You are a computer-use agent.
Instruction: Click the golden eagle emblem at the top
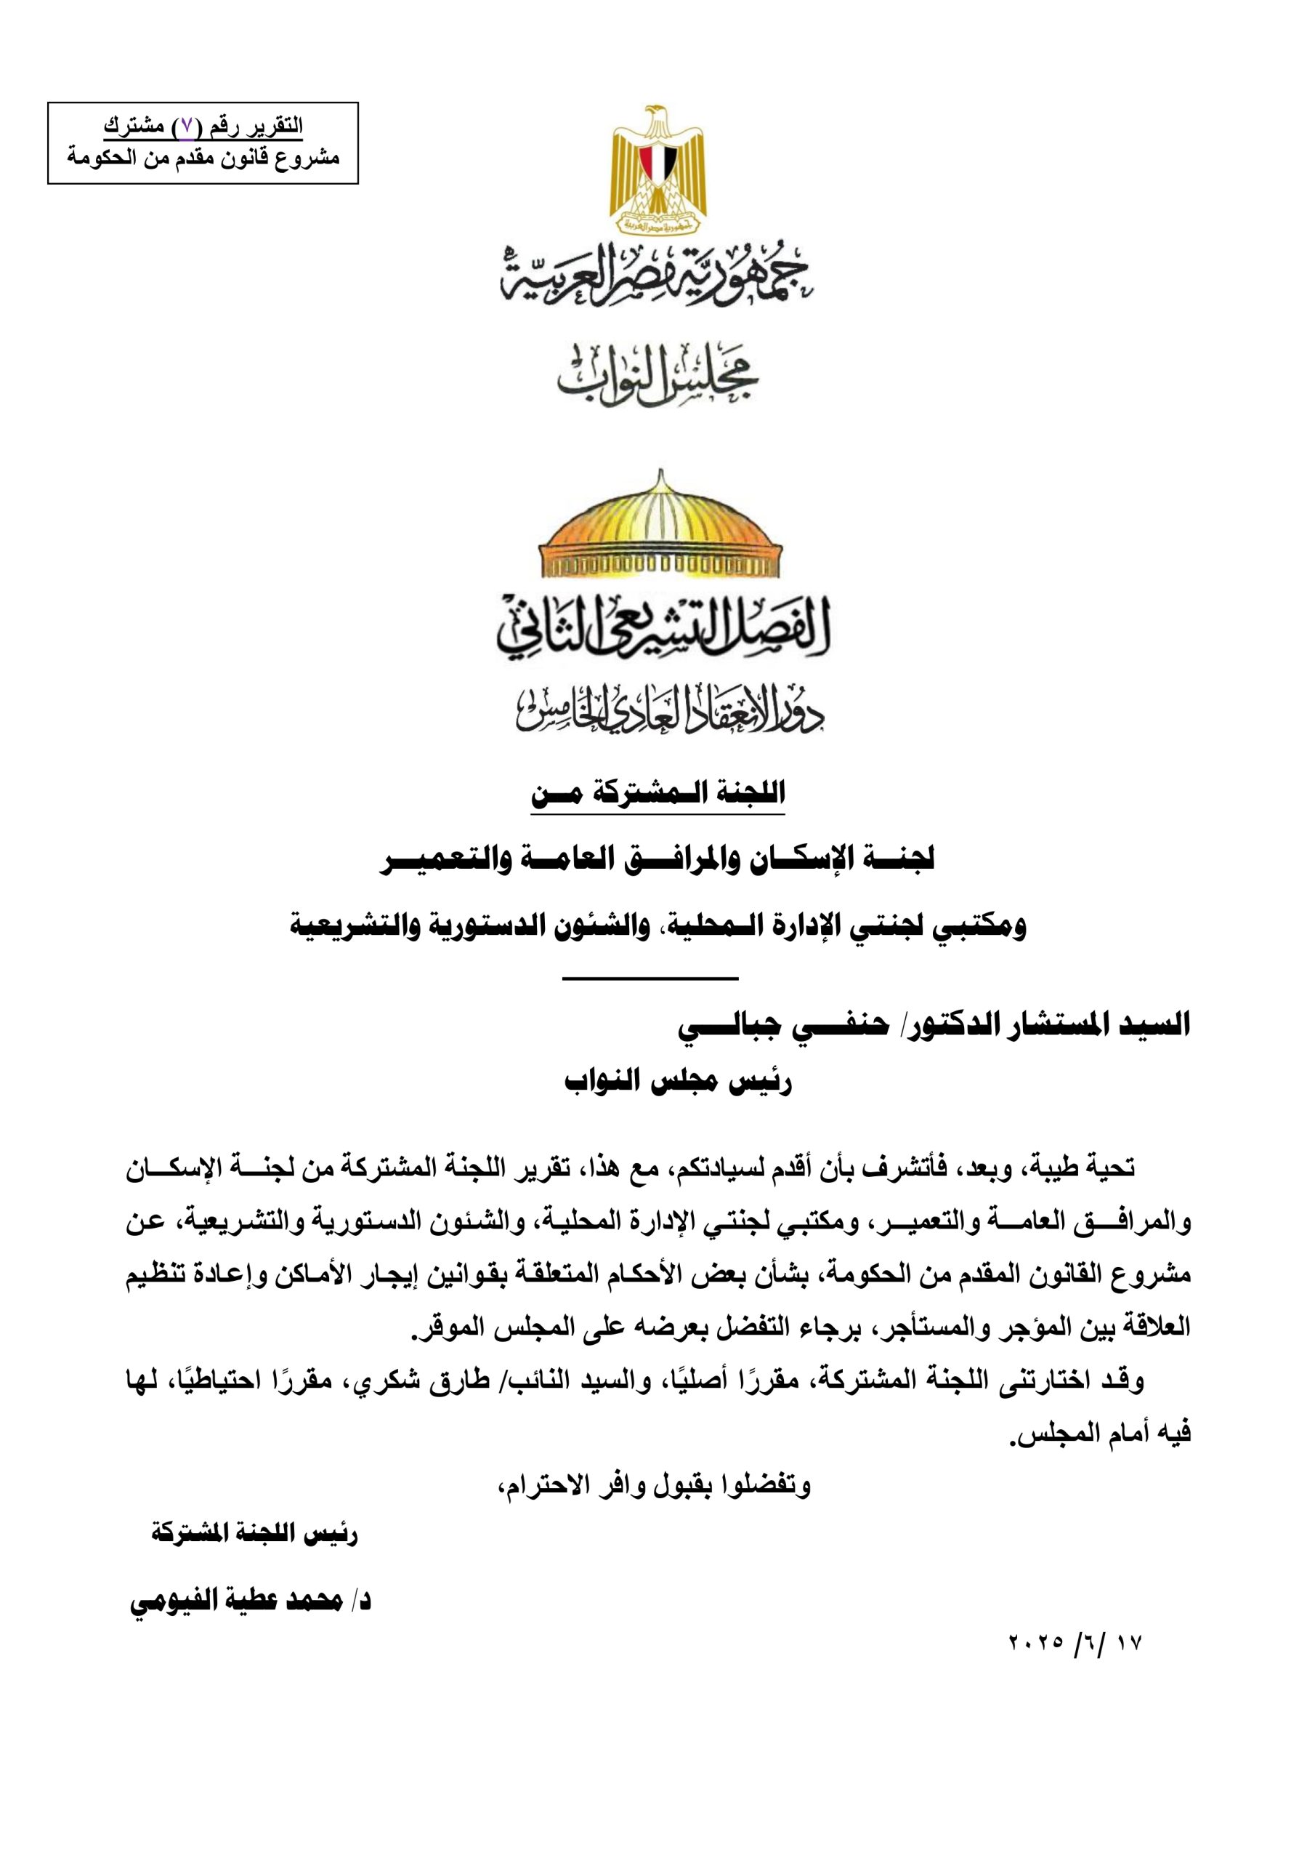click(658, 169)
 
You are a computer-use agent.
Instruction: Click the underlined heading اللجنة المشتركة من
click(658, 794)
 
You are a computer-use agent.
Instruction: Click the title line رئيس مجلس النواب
click(677, 1082)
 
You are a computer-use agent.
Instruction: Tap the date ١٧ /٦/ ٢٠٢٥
click(1075, 1644)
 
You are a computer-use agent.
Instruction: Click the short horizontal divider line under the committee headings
click(650, 978)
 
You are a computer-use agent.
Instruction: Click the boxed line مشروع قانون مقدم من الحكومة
click(203, 157)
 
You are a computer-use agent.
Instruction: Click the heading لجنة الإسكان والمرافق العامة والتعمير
click(658, 859)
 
